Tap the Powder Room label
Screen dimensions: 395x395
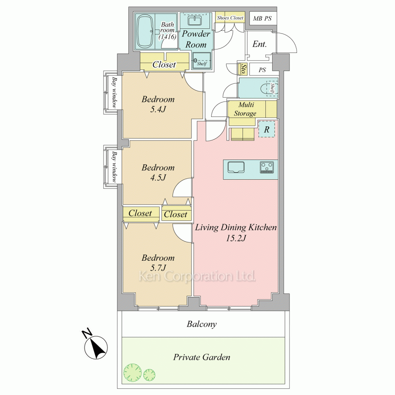[196, 39]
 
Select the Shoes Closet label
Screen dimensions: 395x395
[230, 18]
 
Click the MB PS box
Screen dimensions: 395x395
[262, 19]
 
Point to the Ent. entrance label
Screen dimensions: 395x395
[260, 44]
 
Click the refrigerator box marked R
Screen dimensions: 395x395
[267, 130]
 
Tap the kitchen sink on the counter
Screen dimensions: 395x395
[236, 167]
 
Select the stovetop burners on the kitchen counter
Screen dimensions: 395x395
[267, 167]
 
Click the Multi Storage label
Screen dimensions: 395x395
[245, 109]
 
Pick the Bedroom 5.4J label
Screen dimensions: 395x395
[158, 104]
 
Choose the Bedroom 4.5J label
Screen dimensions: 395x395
[158, 173]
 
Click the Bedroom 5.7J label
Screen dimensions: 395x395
[158, 263]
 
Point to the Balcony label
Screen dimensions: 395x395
[201, 324]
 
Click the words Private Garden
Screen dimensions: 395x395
[201, 357]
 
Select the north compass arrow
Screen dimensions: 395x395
[96, 347]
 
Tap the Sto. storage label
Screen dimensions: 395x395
[243, 69]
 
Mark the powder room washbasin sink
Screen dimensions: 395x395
[194, 21]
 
